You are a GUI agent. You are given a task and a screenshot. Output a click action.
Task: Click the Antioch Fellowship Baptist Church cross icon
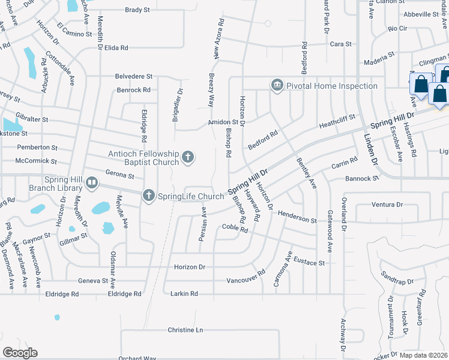tap(188, 157)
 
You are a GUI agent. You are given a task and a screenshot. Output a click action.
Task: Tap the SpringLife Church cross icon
tap(148, 196)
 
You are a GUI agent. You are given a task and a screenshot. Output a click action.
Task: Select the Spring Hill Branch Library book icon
tap(91, 183)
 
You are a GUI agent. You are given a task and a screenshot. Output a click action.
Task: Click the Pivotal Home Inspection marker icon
tap(277, 86)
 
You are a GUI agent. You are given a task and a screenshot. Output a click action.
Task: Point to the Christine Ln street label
tap(185, 330)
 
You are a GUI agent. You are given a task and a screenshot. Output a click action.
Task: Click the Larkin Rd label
tap(185, 294)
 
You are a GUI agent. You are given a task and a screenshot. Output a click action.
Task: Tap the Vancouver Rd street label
tap(246, 280)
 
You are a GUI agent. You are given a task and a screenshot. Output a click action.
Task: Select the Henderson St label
tap(297, 221)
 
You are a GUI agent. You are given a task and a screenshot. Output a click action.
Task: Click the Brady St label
tap(137, 10)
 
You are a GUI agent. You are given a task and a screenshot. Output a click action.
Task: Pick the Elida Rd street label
tap(116, 47)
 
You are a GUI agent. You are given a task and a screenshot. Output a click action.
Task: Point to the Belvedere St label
tap(134, 77)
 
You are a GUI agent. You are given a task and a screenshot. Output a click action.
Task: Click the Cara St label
tap(340, 44)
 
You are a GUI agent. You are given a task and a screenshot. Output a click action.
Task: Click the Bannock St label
tap(363, 179)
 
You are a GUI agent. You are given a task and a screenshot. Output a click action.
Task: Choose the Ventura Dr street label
tap(387, 205)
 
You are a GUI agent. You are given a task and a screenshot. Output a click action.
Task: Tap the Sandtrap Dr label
tap(397, 281)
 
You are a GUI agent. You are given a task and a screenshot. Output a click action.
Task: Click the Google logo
tap(20, 353)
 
